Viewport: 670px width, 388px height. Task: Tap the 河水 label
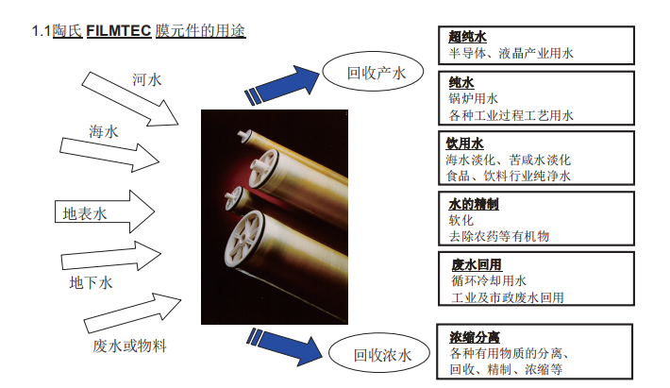pyautogui.click(x=147, y=79)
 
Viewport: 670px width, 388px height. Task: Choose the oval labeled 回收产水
pyautogui.click(x=374, y=72)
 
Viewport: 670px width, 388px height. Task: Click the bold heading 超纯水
pyautogui.click(x=468, y=37)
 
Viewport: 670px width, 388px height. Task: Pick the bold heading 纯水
pyautogui.click(x=461, y=83)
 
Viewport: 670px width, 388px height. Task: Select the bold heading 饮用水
pyautogui.click(x=465, y=143)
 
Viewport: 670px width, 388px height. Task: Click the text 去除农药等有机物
pyautogui.click(x=499, y=235)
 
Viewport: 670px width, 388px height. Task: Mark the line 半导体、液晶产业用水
pyautogui.click(x=511, y=54)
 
